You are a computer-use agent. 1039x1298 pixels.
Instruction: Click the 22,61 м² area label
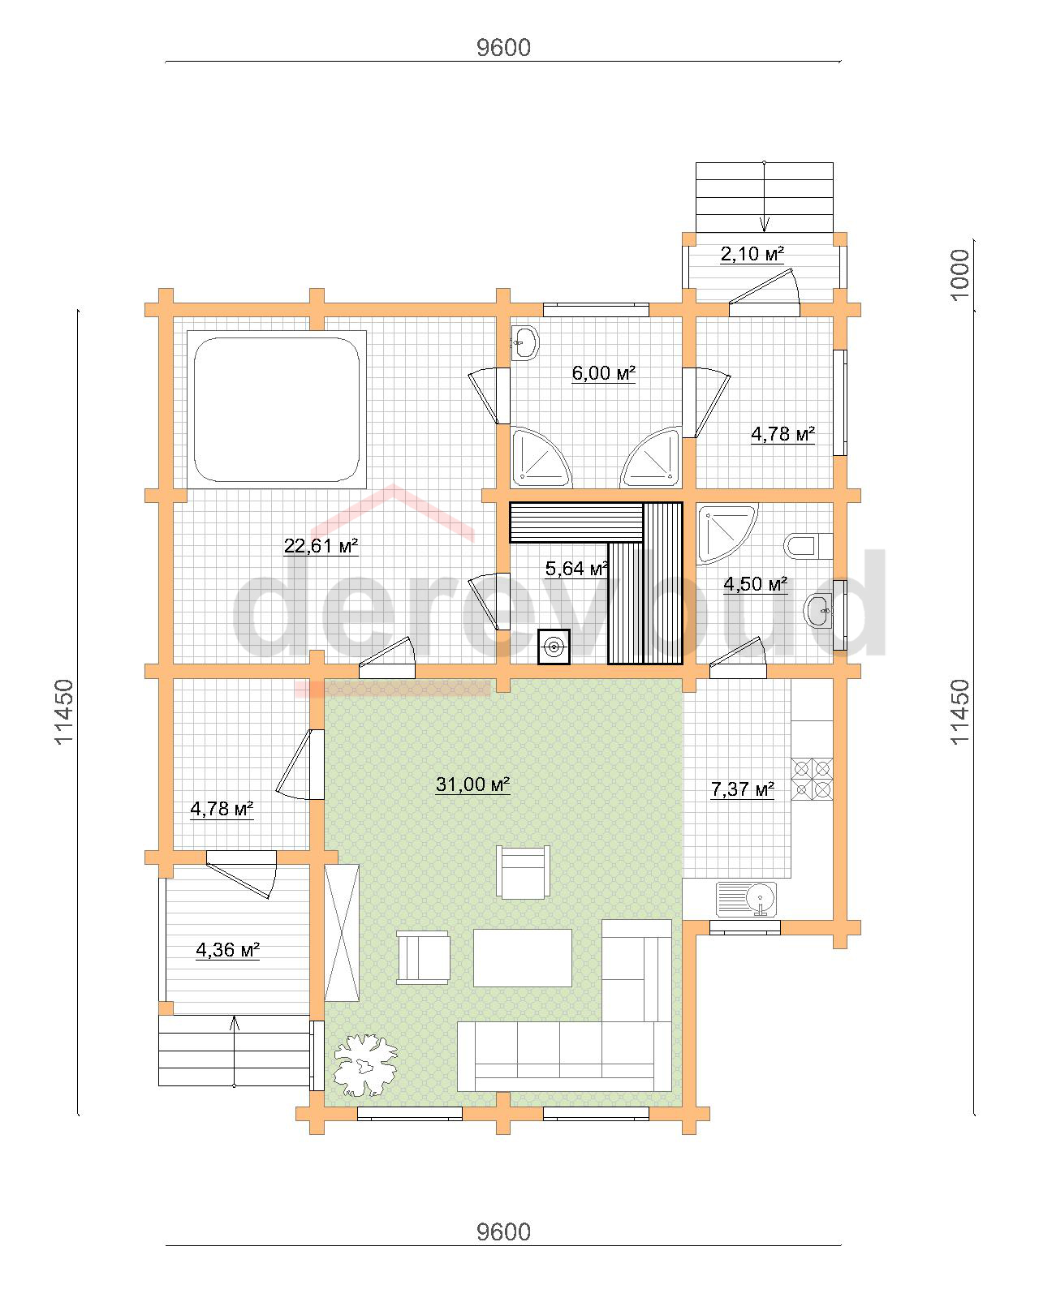(x=321, y=546)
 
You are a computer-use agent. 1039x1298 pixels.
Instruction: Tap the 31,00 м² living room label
(x=472, y=784)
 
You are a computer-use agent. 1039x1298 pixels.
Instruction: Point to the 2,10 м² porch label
(x=752, y=254)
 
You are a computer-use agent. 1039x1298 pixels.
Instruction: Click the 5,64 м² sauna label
(x=576, y=568)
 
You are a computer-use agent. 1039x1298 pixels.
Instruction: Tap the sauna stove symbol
(x=554, y=647)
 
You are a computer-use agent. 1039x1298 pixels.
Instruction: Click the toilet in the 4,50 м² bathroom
(x=808, y=546)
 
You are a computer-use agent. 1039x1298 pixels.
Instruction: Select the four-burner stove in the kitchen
(x=812, y=779)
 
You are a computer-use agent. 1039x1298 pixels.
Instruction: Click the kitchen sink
(x=746, y=900)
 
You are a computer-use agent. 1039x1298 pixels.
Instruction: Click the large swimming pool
(x=277, y=410)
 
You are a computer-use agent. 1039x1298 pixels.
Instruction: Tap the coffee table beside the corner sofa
(x=522, y=958)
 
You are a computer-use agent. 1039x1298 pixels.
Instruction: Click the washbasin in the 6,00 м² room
(x=524, y=344)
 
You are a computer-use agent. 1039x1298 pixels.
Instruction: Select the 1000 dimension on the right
(x=959, y=274)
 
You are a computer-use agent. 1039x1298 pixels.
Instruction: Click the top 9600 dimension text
(x=503, y=48)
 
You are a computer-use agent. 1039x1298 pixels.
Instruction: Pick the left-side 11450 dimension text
(x=64, y=712)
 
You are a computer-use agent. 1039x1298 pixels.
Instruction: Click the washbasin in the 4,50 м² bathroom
(x=818, y=610)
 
